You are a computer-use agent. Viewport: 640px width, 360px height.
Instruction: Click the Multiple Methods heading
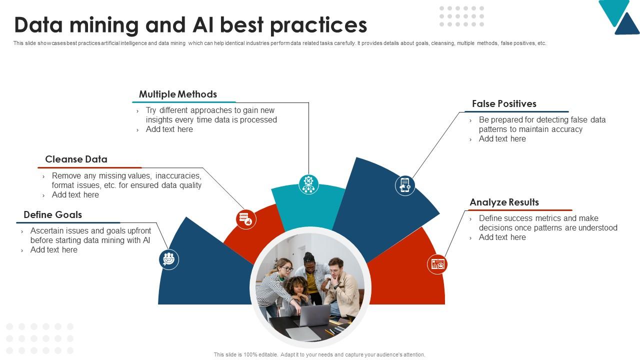(x=177, y=94)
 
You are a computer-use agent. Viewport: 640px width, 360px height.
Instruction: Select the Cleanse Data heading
(x=76, y=159)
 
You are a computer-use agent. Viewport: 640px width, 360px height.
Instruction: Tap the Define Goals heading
(x=52, y=215)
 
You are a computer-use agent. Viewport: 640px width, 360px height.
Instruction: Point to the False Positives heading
(x=504, y=104)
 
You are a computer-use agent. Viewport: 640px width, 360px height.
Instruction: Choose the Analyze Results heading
(x=504, y=202)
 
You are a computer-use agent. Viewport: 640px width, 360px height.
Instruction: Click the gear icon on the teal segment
(x=309, y=184)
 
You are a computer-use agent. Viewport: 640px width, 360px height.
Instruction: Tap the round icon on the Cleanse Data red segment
(x=246, y=219)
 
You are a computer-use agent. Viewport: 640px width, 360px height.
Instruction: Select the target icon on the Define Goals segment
(x=169, y=259)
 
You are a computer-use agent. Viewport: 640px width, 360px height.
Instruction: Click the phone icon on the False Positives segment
(x=405, y=185)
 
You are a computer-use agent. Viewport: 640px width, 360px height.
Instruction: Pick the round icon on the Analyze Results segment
(x=437, y=264)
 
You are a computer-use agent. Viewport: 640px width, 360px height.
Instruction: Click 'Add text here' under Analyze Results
(x=502, y=237)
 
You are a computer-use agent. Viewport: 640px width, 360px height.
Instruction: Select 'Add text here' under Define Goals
(x=53, y=250)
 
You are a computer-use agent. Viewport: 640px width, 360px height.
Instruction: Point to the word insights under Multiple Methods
(x=159, y=120)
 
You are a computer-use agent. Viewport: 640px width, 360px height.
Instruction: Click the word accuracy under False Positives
(x=563, y=129)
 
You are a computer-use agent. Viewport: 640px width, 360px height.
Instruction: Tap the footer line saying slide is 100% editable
(x=319, y=354)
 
